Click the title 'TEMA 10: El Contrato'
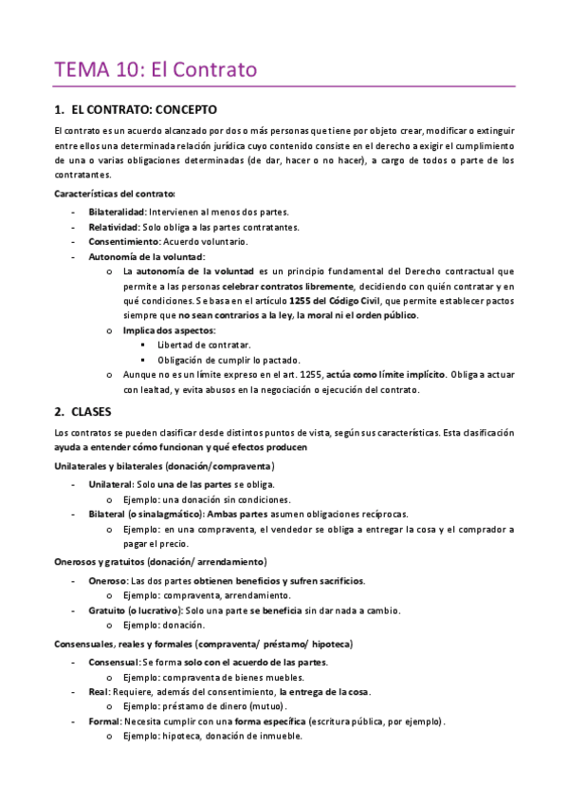[x=156, y=69]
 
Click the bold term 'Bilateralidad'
[x=118, y=211]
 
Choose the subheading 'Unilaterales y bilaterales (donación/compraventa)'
[x=164, y=466]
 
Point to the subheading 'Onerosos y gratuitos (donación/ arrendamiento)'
[x=160, y=561]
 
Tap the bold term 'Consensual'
[x=113, y=662]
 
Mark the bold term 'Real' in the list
[x=98, y=692]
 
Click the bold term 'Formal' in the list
[x=103, y=721]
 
